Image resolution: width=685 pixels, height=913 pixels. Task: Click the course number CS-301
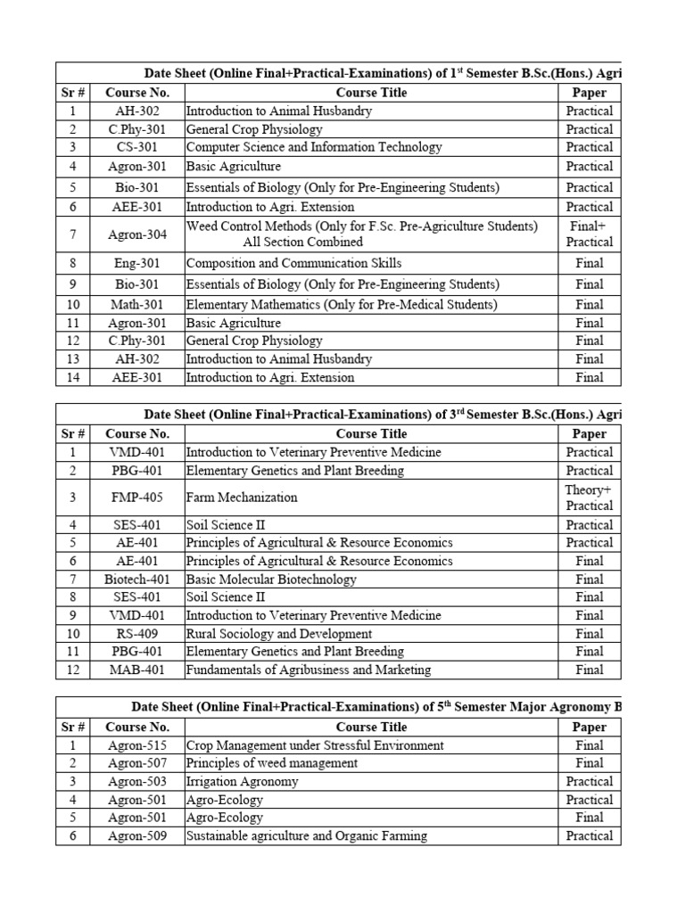click(137, 147)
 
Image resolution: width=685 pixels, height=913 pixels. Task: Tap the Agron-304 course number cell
click(137, 234)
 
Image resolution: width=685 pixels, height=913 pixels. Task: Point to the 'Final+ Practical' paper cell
click(590, 234)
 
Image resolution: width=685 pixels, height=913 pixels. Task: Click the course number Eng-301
click(137, 263)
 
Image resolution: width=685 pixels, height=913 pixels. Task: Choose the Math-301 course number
click(137, 305)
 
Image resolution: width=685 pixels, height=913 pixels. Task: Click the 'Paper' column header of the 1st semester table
click(590, 93)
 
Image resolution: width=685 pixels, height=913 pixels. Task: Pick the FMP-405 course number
click(137, 498)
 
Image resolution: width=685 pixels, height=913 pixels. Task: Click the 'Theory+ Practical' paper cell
click(590, 498)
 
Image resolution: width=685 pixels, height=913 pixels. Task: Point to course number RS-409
click(137, 633)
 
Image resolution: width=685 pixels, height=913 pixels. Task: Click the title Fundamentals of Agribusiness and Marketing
click(308, 670)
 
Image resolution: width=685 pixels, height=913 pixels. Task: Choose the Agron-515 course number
click(137, 745)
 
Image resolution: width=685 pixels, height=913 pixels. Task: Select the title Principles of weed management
click(272, 763)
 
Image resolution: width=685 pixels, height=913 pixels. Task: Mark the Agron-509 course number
click(137, 836)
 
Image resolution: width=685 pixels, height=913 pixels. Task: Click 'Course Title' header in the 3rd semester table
click(371, 434)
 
